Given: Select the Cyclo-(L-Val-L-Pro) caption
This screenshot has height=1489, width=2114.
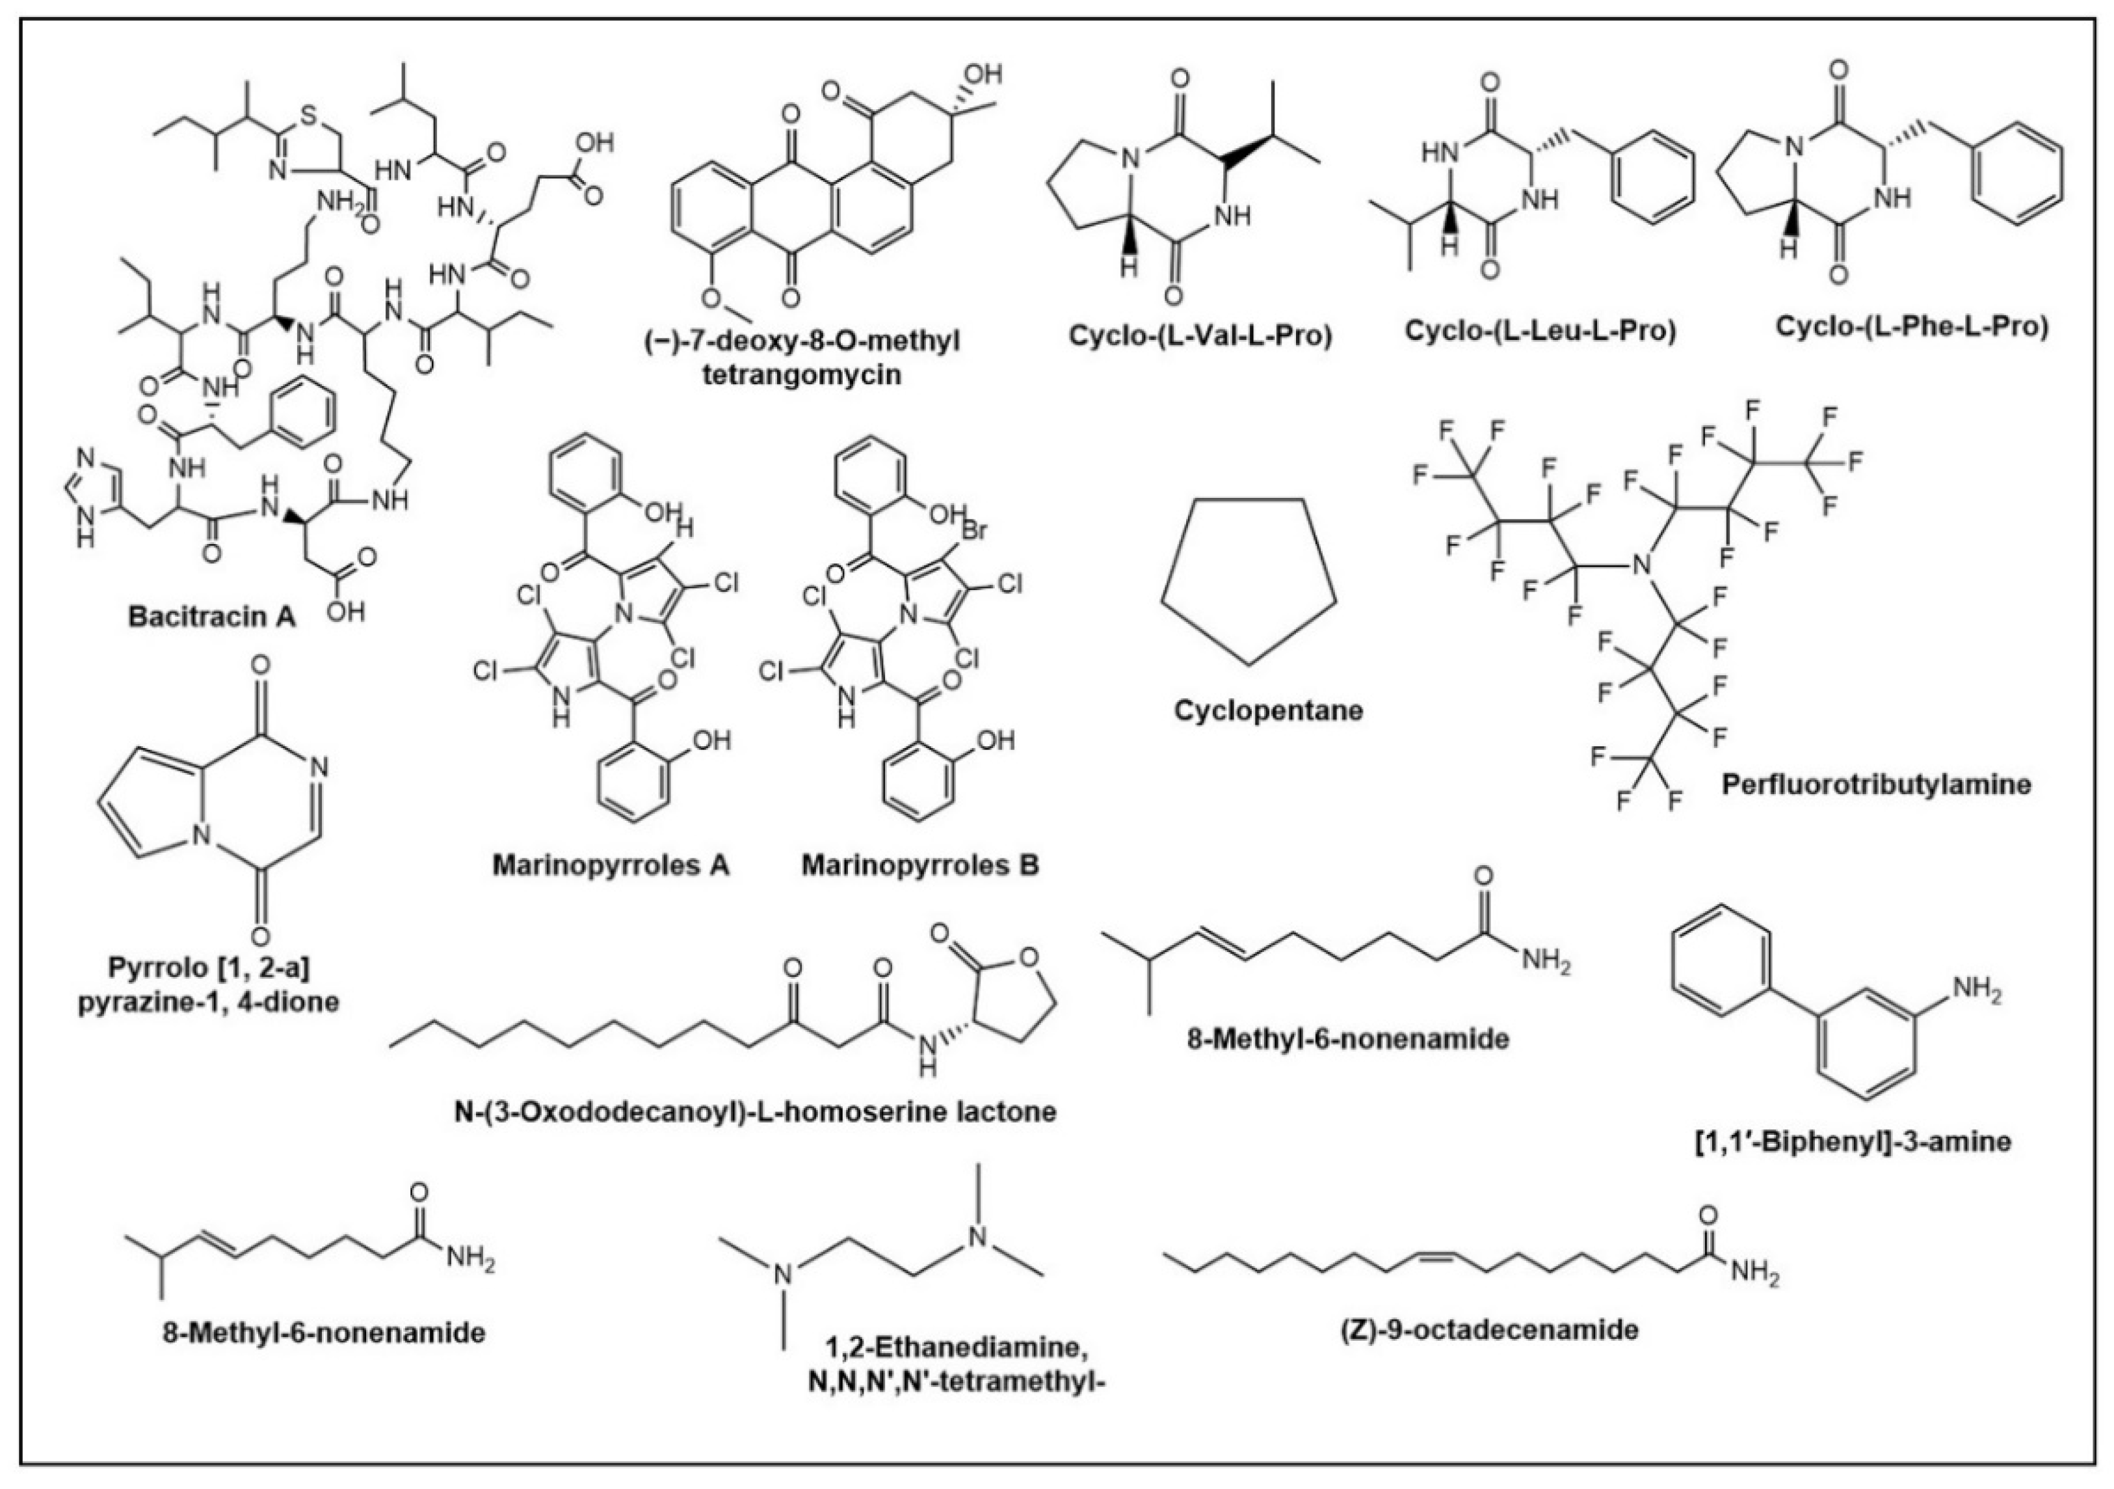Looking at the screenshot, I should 1200,336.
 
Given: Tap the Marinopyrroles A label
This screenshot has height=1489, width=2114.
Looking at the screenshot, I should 611,865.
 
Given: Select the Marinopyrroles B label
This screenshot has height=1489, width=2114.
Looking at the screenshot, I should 920,865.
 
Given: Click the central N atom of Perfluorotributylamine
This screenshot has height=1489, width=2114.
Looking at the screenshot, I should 1640,565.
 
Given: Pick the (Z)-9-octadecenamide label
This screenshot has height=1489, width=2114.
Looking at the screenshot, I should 1490,1329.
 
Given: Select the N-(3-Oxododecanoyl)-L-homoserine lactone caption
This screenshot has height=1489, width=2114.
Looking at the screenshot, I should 755,1111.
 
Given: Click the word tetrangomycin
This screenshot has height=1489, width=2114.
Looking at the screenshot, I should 801,374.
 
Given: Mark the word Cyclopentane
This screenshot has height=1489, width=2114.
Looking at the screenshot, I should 1268,710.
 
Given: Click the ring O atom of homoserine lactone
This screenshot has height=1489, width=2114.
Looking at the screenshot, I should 1030,962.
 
